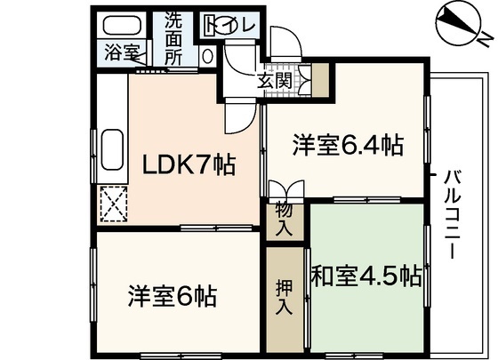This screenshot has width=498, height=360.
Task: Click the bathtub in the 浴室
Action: tap(122, 26)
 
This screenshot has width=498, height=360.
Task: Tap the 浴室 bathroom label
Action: tap(122, 52)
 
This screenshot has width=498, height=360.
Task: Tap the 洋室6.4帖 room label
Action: tap(347, 146)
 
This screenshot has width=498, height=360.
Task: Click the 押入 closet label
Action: tap(283, 299)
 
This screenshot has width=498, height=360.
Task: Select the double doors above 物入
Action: tap(285, 190)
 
